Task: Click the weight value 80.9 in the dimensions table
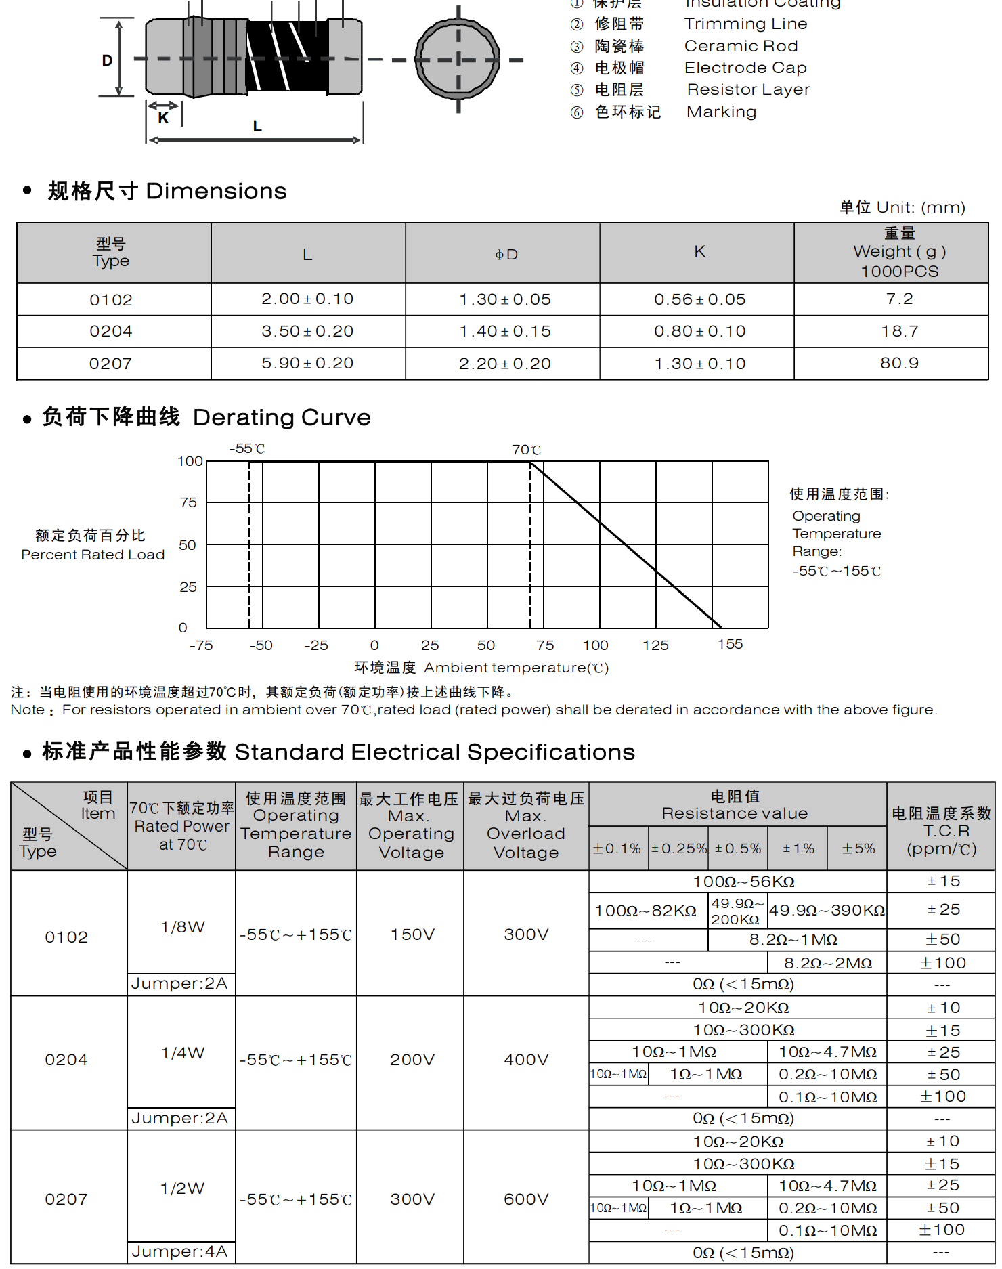pyautogui.click(x=899, y=363)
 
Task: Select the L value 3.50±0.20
pyautogui.click(x=307, y=331)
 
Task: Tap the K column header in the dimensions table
pyautogui.click(x=699, y=252)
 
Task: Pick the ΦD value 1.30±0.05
pyautogui.click(x=505, y=299)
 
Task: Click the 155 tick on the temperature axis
pyautogui.click(x=730, y=644)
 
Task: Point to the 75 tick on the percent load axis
pyautogui.click(x=188, y=502)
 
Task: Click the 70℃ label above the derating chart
pyautogui.click(x=526, y=450)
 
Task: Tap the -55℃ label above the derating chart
pyautogui.click(x=246, y=449)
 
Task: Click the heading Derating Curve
pyautogui.click(x=282, y=417)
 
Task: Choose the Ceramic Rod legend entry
pyautogui.click(x=741, y=46)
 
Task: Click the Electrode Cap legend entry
pyautogui.click(x=745, y=68)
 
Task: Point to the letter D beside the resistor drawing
pyautogui.click(x=107, y=60)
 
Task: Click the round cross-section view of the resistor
pyautogui.click(x=458, y=60)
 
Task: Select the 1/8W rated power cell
pyautogui.click(x=182, y=927)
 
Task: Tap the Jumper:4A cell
pyautogui.click(x=179, y=1251)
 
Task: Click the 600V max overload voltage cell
pyautogui.click(x=526, y=1199)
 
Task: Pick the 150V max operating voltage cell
pyautogui.click(x=412, y=934)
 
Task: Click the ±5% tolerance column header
pyautogui.click(x=858, y=848)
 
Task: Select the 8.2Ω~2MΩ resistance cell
pyautogui.click(x=827, y=963)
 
